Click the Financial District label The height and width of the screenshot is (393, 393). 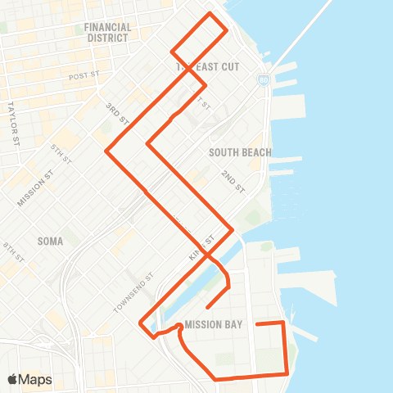tap(107, 32)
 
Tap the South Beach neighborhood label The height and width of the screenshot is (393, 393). tap(240, 152)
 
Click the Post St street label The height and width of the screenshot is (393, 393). tap(84, 76)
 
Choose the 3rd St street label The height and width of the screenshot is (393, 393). tap(118, 114)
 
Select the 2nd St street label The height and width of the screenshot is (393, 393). tap(233, 182)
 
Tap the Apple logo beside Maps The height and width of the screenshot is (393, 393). tap(13, 379)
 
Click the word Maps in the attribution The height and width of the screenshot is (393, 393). tap(35, 379)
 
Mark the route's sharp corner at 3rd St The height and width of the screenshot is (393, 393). tap(106, 150)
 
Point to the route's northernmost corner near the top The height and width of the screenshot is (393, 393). tap(210, 14)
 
